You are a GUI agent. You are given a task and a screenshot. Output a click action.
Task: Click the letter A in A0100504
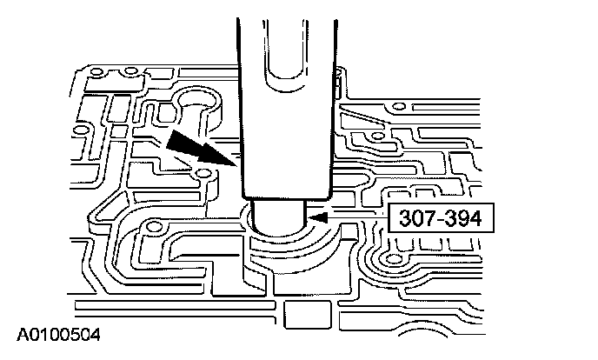[20, 333]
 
